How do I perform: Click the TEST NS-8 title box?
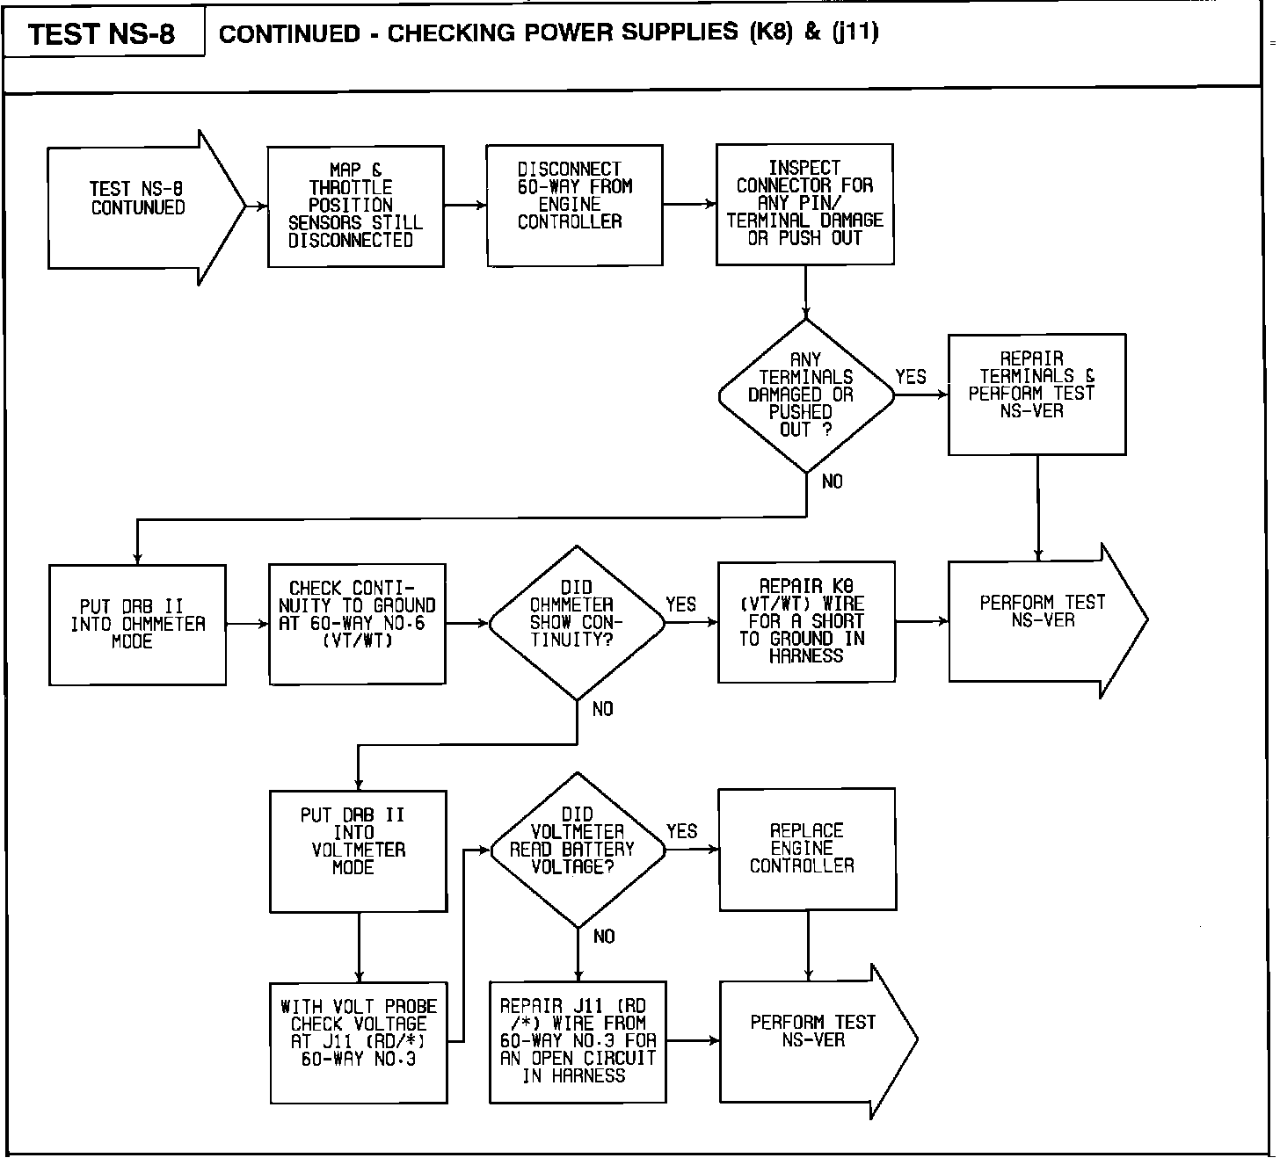point(103,33)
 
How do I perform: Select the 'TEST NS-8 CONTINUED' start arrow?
point(141,207)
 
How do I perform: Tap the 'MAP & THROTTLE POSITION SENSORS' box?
point(355,206)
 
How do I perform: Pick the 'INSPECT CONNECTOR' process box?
point(804,204)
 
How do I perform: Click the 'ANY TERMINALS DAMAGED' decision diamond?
point(805,395)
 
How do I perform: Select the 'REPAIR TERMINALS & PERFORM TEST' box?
point(1036,394)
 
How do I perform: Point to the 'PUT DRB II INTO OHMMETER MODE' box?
point(137,625)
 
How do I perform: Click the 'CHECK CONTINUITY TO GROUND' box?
point(357,623)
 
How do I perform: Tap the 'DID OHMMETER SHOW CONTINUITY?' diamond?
point(577,623)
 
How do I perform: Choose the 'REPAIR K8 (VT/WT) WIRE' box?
point(806,622)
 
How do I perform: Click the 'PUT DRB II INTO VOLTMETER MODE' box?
point(358,850)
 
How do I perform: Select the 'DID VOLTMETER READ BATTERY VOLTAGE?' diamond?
point(577,850)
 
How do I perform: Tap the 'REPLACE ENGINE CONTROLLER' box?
point(806,849)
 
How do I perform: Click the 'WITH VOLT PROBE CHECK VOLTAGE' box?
point(358,1042)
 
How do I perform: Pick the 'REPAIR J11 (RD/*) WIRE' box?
point(578,1041)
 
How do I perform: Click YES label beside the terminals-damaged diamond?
point(911,377)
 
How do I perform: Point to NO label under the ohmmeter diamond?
point(603,709)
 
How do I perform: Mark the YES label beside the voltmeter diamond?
point(681,831)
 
